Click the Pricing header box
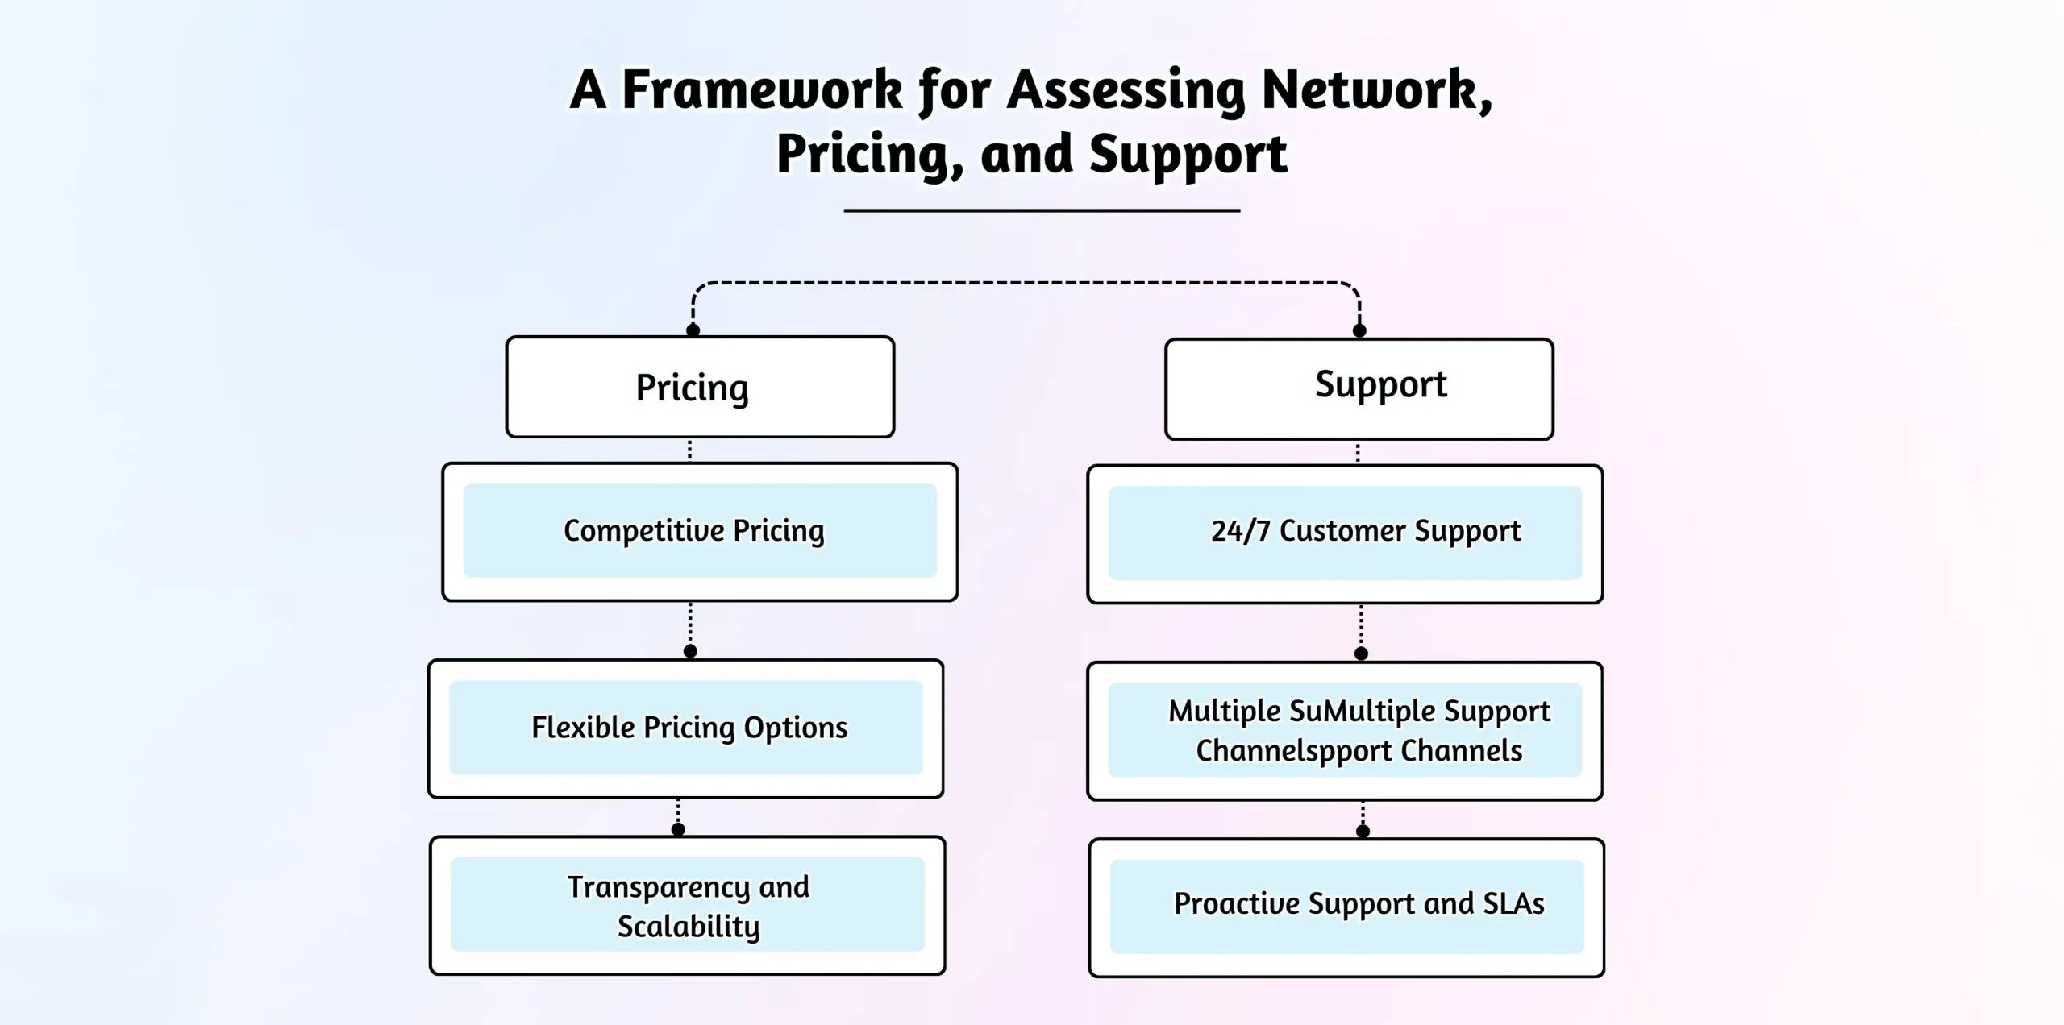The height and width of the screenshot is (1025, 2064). [699, 388]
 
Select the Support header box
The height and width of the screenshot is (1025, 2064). [1359, 388]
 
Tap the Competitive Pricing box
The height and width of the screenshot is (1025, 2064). [699, 531]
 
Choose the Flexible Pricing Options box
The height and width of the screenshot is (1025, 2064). [685, 728]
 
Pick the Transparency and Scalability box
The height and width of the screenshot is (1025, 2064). [687, 905]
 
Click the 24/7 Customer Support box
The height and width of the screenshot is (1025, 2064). [1344, 533]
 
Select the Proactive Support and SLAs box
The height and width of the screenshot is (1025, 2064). [1346, 907]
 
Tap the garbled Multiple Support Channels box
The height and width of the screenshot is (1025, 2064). [1344, 730]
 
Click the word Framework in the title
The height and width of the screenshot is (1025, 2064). [762, 90]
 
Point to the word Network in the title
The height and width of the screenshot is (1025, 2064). [1375, 90]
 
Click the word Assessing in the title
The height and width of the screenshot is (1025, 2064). [1126, 90]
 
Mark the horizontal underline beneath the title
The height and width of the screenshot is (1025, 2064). [1041, 210]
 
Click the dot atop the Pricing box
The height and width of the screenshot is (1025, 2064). [693, 330]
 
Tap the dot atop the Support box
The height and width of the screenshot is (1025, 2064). [1359, 330]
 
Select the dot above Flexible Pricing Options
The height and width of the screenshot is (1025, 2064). [690, 651]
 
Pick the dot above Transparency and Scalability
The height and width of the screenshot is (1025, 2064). [678, 829]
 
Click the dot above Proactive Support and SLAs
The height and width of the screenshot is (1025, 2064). [1363, 832]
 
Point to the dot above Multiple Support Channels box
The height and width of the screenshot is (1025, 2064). [1361, 654]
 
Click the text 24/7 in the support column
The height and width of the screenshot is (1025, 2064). [1240, 531]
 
